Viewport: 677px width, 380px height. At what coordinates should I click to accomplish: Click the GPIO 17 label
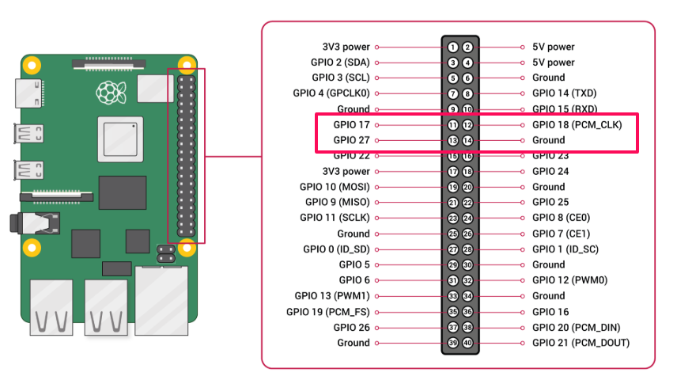[x=351, y=125]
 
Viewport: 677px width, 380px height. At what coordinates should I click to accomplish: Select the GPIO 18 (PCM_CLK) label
[x=577, y=125]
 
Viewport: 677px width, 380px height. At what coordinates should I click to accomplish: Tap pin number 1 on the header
[x=452, y=47]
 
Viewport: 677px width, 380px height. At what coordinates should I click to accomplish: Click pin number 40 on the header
[x=467, y=343]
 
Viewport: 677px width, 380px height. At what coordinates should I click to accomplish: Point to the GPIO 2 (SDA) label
[x=340, y=63]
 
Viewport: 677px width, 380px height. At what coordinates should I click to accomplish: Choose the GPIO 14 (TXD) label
[x=564, y=93]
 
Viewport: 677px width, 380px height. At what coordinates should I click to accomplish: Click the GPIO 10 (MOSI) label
[x=335, y=187]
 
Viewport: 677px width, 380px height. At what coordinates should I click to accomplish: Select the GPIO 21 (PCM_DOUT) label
[x=581, y=343]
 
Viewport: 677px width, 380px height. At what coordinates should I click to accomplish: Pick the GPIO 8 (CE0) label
[x=561, y=218]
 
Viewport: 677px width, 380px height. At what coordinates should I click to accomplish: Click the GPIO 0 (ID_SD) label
[x=336, y=249]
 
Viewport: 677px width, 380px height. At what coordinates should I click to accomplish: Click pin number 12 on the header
[x=467, y=125]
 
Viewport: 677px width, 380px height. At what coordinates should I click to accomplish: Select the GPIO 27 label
[x=351, y=140]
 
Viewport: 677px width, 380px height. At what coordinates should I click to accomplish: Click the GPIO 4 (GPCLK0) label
[x=331, y=93]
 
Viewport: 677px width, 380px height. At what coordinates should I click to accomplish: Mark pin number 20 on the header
[x=467, y=187]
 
